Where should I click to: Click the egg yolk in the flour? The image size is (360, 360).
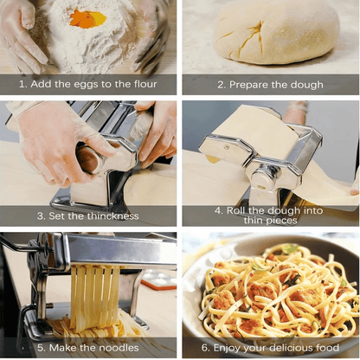[88, 17]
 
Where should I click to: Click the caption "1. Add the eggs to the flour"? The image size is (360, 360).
[88, 85]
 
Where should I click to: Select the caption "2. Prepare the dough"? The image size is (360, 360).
[271, 85]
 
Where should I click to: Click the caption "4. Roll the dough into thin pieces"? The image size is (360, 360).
[271, 215]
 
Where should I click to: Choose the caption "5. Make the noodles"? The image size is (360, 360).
[88, 347]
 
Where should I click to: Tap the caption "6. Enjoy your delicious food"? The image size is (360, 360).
[271, 347]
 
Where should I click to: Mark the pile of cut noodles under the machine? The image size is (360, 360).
[91, 327]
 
